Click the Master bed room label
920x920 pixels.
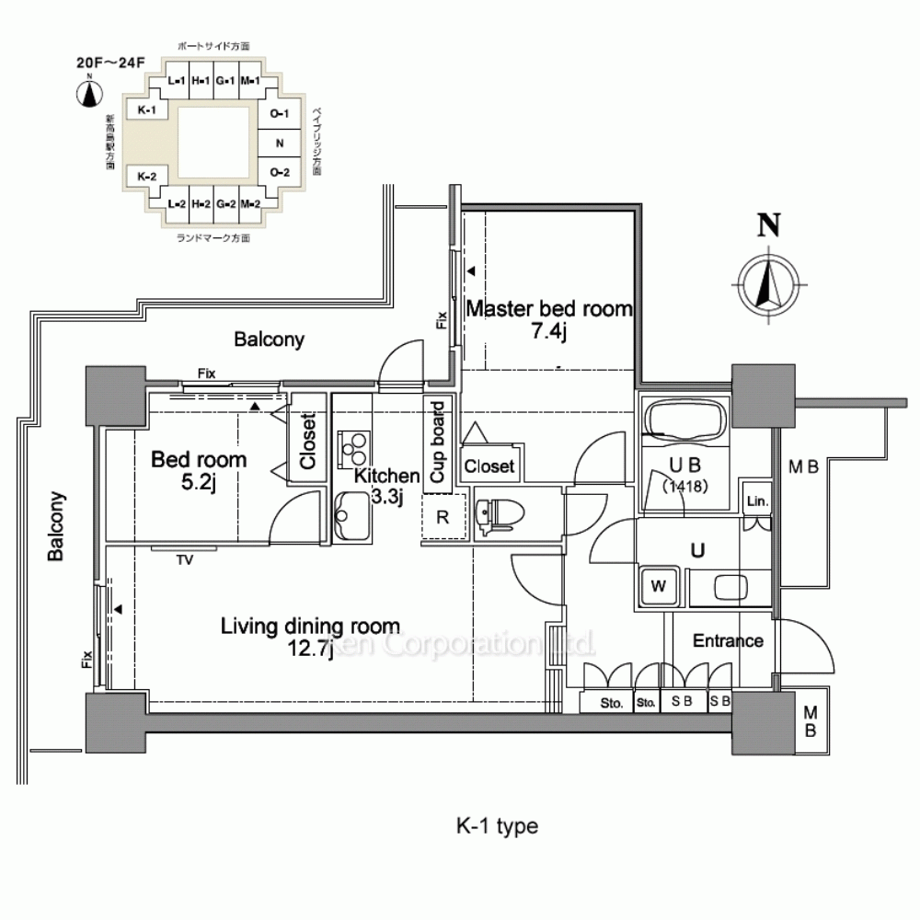point(549,309)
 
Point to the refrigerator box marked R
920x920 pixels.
point(443,517)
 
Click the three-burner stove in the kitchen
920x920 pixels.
point(353,447)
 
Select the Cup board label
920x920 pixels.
point(437,441)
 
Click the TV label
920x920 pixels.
point(186,558)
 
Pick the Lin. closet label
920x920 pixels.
point(757,502)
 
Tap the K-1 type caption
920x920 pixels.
point(497,826)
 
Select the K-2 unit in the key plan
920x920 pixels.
point(147,176)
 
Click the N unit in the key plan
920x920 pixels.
point(280,144)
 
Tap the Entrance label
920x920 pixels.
point(728,640)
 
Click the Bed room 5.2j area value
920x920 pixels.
point(198,481)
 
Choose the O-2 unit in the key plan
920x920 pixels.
point(280,173)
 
